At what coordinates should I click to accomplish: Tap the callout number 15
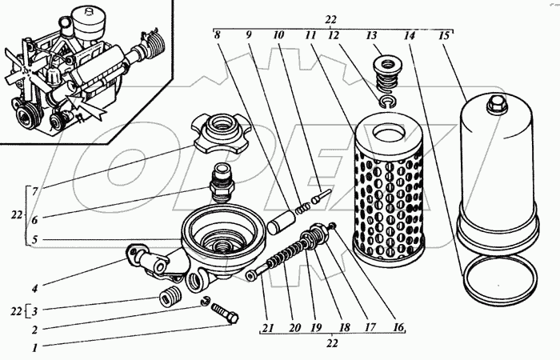(445, 35)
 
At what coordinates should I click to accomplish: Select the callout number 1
(34, 348)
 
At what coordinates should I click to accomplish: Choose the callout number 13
(370, 35)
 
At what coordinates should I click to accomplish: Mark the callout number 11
(308, 35)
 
